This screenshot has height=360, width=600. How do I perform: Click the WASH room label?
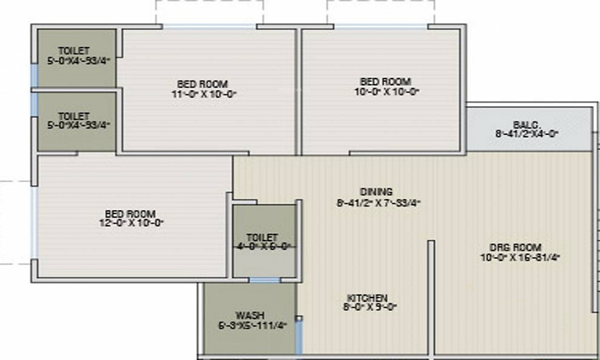click(x=250, y=316)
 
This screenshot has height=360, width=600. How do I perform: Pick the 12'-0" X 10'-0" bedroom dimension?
click(x=130, y=223)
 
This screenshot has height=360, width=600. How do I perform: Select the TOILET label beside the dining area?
click(x=262, y=238)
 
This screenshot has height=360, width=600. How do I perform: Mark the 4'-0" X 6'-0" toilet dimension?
click(x=262, y=246)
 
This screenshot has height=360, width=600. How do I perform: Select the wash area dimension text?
click(x=251, y=325)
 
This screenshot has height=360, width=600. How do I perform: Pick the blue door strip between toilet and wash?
click(x=265, y=280)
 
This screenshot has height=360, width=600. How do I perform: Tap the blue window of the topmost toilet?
click(x=34, y=74)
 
